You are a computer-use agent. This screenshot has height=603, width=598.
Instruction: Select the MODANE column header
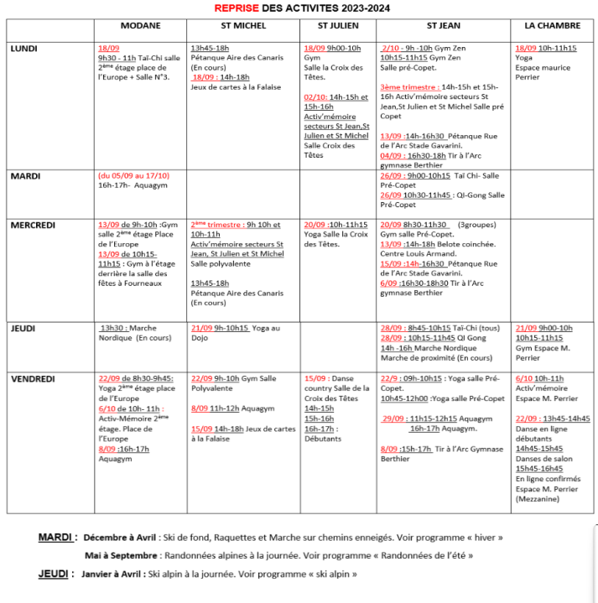pyautogui.click(x=141, y=26)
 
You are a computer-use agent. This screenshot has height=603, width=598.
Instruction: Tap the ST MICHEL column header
pyautogui.click(x=242, y=26)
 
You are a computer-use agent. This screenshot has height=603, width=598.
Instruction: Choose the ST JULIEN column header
pyautogui.click(x=338, y=26)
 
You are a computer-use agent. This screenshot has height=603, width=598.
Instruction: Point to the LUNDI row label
pyautogui.click(x=24, y=49)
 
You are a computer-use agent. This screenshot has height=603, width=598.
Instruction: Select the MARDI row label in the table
pyautogui.click(x=24, y=176)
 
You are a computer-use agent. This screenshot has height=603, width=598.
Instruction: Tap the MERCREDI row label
pyautogui.click(x=33, y=225)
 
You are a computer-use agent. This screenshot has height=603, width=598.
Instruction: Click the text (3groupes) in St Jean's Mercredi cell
pyautogui.click(x=477, y=225)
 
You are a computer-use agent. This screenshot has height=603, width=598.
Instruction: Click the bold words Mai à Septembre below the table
pyautogui.click(x=121, y=555)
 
